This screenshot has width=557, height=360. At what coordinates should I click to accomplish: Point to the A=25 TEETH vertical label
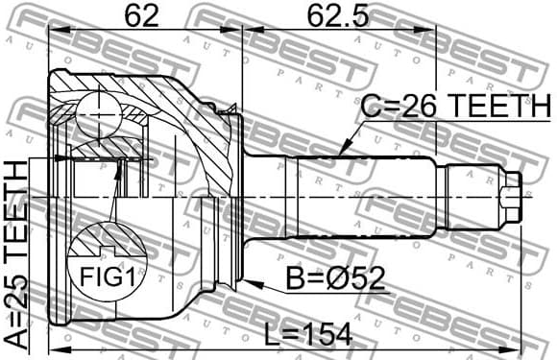point(16,254)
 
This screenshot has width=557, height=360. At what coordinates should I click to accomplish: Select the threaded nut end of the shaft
point(510,195)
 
